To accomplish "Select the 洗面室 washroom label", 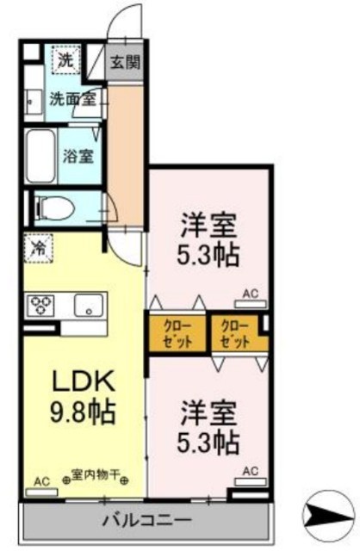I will tap(71, 100).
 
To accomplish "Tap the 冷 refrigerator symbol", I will tap(38, 248).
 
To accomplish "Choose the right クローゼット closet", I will tap(235, 332).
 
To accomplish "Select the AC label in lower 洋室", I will tap(251, 472).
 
